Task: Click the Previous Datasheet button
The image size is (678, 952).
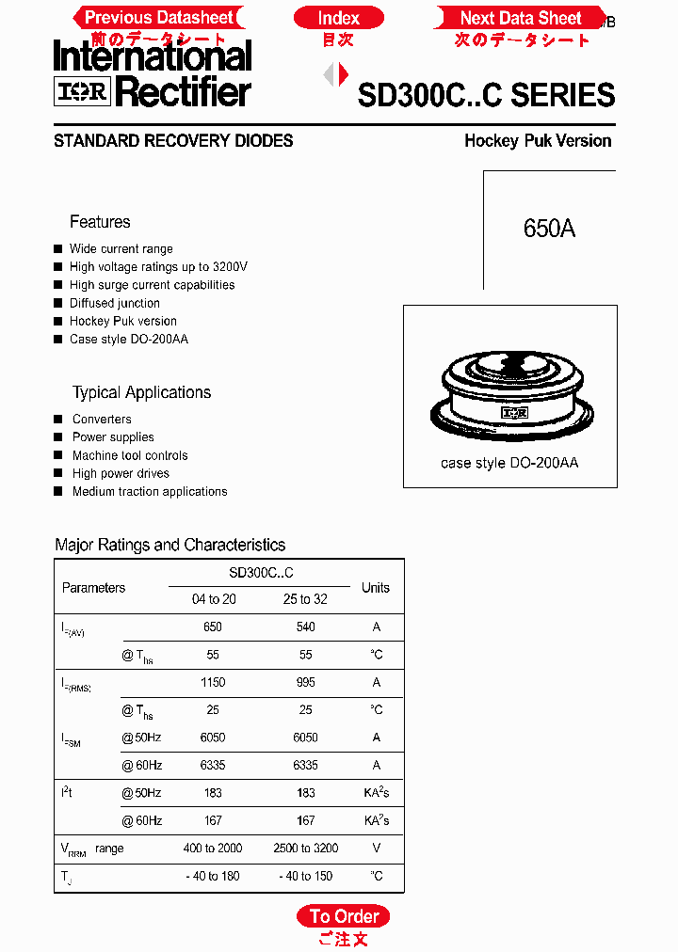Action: [159, 18]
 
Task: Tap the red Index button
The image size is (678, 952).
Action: [338, 18]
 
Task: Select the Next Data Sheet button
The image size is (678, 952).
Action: [521, 18]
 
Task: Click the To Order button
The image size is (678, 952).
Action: [344, 916]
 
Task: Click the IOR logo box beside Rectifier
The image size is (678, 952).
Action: [83, 91]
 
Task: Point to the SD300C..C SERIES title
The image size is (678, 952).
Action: [486, 95]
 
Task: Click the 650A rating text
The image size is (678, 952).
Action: [549, 229]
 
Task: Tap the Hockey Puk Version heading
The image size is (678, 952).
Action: [538, 141]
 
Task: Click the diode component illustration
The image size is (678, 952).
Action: [510, 389]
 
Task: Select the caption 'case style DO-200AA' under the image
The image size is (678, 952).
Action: [509, 464]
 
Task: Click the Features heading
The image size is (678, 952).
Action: [100, 222]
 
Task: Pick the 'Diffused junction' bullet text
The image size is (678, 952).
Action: [115, 303]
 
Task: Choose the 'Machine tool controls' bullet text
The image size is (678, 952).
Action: [130, 455]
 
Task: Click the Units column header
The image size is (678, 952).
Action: [375, 588]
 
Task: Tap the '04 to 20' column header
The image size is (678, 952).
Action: [214, 599]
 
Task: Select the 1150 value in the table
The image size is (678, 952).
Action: [213, 682]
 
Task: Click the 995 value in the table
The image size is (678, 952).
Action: [305, 682]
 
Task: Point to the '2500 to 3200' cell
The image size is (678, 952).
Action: [305, 849]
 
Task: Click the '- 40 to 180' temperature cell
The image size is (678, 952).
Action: [213, 876]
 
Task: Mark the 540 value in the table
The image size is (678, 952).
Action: [305, 627]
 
